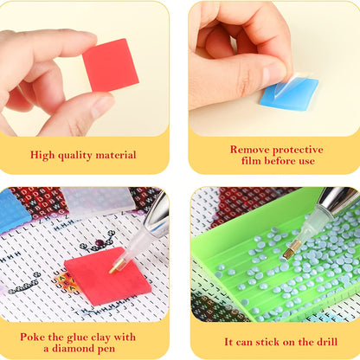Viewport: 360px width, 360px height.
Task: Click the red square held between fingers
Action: pos(111,65)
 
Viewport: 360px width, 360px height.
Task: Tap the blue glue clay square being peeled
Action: pos(289,93)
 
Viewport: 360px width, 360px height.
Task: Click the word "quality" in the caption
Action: pos(74,156)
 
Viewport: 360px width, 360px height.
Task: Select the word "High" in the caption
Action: pos(42,155)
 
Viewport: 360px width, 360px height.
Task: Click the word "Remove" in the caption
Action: pos(250,150)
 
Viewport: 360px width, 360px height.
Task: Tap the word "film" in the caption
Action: pos(252,161)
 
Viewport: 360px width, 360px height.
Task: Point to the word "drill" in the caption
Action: pos(327,342)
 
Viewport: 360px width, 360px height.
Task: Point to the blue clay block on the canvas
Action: pos(15,210)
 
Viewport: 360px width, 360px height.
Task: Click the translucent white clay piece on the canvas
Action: pos(96,201)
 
